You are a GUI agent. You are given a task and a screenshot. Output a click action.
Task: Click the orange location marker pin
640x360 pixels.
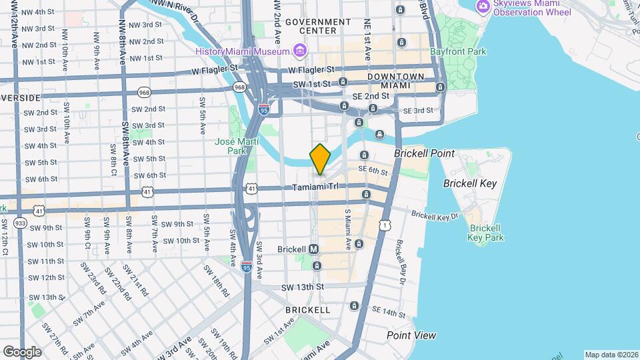[x=320, y=159]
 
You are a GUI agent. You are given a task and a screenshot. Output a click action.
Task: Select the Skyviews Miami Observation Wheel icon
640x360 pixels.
[x=484, y=7]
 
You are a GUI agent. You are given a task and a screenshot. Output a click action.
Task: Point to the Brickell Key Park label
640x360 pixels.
[x=485, y=232]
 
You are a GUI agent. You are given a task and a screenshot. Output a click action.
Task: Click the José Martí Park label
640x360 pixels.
[x=231, y=146]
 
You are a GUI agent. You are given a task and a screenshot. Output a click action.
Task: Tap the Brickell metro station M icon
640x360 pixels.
[x=314, y=249]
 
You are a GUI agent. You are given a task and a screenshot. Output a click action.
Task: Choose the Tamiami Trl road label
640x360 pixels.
[x=316, y=187]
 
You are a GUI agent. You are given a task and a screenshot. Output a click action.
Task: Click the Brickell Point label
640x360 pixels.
[x=424, y=153]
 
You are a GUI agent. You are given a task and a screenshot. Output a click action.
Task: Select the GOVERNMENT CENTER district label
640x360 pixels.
[x=318, y=26]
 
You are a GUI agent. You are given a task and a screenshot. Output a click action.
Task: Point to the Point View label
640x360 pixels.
[x=411, y=335]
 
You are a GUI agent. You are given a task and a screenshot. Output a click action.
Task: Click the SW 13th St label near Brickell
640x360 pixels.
[x=302, y=287]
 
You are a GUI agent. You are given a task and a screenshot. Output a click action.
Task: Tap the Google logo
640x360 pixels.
[x=22, y=352]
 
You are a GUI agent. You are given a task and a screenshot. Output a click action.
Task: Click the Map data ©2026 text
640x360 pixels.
[x=611, y=355]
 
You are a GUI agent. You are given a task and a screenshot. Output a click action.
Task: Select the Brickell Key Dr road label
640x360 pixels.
[x=435, y=215]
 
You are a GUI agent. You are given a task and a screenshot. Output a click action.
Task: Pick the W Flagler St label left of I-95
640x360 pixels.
[x=214, y=69]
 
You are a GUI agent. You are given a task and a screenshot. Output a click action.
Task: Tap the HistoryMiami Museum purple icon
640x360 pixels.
[x=299, y=51]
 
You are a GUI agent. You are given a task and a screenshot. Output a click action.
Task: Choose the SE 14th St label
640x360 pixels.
[x=389, y=312]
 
